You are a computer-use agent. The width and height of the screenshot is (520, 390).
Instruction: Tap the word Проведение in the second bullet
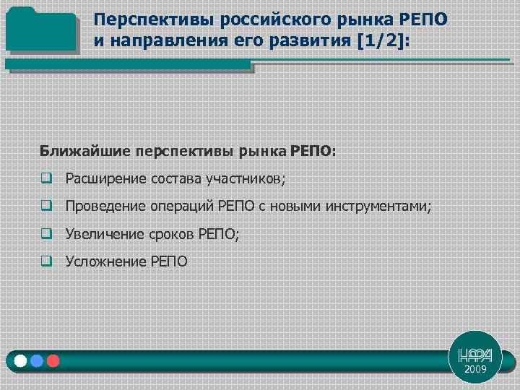click(x=105, y=207)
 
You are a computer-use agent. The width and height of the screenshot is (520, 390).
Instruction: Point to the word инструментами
click(x=378, y=207)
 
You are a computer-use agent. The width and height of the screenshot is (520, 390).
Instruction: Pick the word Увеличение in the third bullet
click(x=105, y=234)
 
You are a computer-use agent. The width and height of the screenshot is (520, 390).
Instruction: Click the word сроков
click(x=172, y=234)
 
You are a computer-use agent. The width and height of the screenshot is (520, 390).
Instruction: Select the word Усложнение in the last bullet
click(x=105, y=261)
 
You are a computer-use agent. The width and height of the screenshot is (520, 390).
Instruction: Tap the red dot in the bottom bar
click(x=52, y=360)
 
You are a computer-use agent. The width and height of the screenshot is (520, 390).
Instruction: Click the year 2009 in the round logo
click(x=475, y=369)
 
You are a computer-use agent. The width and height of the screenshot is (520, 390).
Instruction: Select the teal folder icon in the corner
click(x=40, y=30)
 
